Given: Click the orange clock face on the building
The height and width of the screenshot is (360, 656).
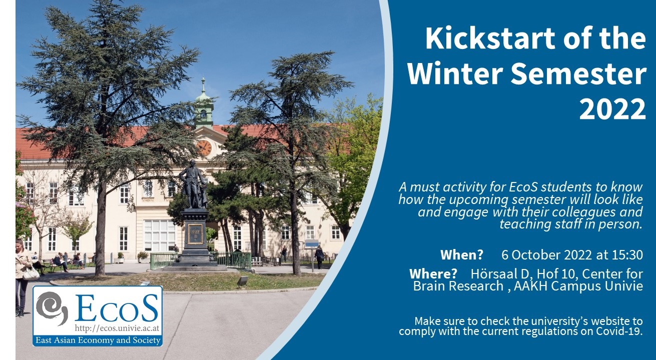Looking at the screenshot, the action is coord(204,148).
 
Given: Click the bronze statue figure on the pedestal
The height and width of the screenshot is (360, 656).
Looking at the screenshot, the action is coord(193,184).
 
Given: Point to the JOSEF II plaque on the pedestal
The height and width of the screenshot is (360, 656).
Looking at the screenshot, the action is coord(195,234).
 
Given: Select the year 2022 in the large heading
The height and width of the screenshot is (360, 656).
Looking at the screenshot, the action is coord(612,109).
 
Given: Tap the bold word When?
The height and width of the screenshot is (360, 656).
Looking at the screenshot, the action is coord(462,255).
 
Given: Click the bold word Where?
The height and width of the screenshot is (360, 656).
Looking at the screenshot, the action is coord(433,274).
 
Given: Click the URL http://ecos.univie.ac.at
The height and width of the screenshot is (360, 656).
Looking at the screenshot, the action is coord(117,328).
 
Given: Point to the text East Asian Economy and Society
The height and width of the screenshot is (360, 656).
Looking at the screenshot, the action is coord(98,340).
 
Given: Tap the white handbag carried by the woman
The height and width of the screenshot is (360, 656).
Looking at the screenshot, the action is coord(31,273).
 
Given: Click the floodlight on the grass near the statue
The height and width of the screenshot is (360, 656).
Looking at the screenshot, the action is coord(243,281).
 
